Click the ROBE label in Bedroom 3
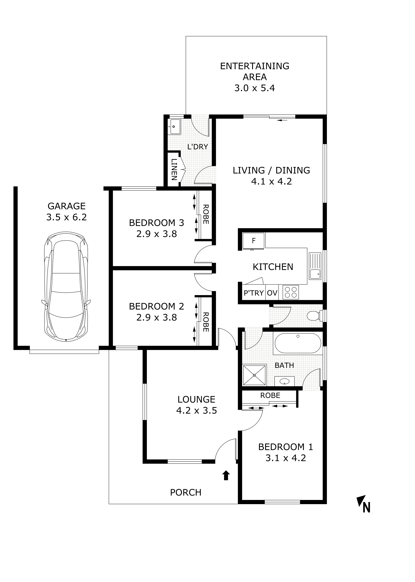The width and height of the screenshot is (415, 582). [206, 214]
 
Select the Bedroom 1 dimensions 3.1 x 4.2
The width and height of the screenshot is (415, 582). [286, 458]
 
